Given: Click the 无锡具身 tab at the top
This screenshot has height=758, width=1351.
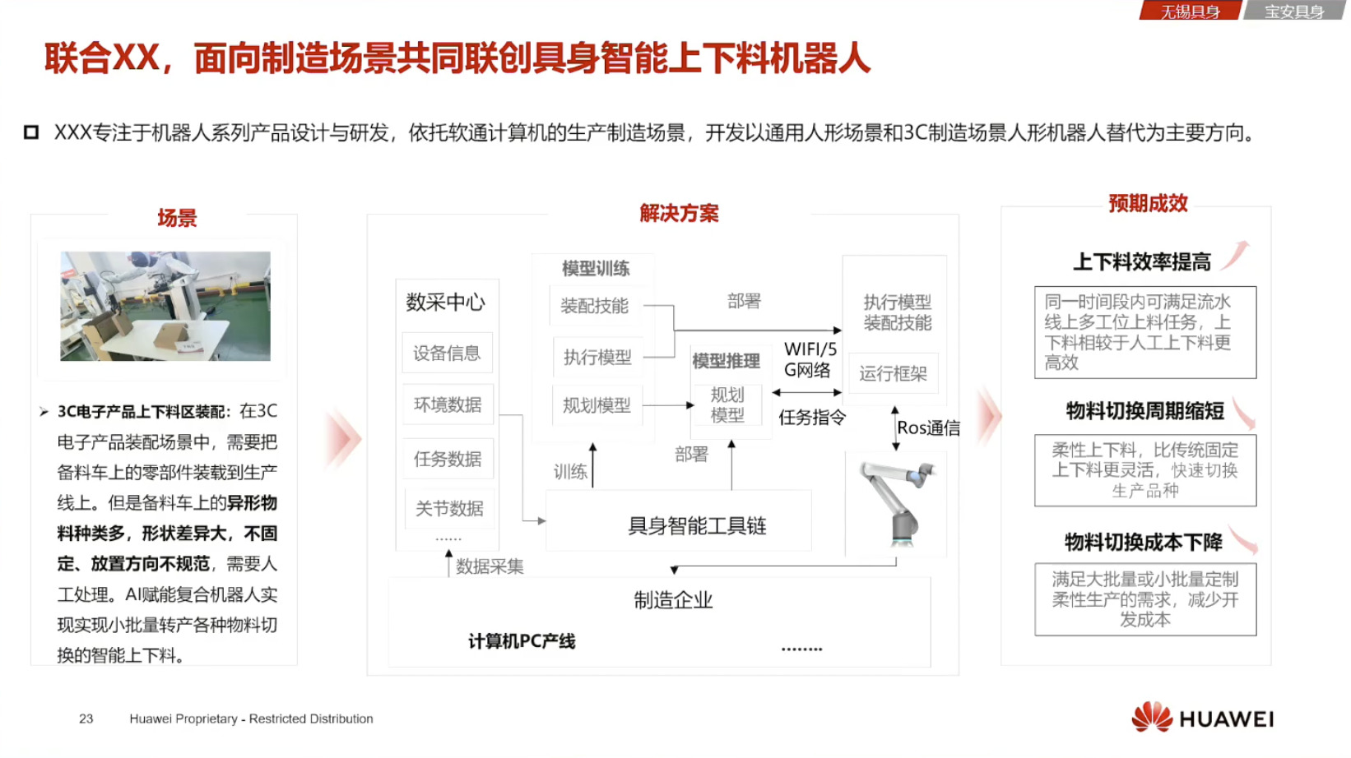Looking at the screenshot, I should (x=1190, y=12).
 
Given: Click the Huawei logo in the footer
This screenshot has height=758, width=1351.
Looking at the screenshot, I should (x=1202, y=718).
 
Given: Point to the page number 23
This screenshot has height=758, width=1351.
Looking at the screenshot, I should (x=86, y=719).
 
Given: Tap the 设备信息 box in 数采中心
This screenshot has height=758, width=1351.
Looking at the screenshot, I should (x=447, y=354).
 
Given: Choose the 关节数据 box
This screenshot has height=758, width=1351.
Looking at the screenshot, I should (x=449, y=509).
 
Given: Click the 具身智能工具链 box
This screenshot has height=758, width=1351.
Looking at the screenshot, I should (x=696, y=525).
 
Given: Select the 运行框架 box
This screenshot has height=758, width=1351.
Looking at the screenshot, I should (x=893, y=374).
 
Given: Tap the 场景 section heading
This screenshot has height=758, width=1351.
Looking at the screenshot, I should (x=177, y=218).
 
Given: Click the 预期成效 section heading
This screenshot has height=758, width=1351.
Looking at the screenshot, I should (x=1148, y=203).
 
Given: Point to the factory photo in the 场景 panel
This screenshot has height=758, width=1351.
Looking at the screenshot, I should (x=165, y=306).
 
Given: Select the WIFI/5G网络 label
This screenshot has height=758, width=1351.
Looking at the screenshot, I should (x=810, y=359).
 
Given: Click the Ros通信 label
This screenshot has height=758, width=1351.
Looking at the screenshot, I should (x=928, y=428).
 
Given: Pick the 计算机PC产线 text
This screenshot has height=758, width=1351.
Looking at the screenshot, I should (x=522, y=641).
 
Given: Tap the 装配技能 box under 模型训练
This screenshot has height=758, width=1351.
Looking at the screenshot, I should (x=594, y=306).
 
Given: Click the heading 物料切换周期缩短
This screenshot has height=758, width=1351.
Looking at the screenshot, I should (x=1144, y=411).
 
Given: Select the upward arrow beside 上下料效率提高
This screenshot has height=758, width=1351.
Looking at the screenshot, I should (x=1236, y=255).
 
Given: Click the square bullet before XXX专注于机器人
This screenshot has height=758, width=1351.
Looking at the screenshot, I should (x=31, y=132).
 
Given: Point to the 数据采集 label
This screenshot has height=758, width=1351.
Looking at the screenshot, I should (x=490, y=566).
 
